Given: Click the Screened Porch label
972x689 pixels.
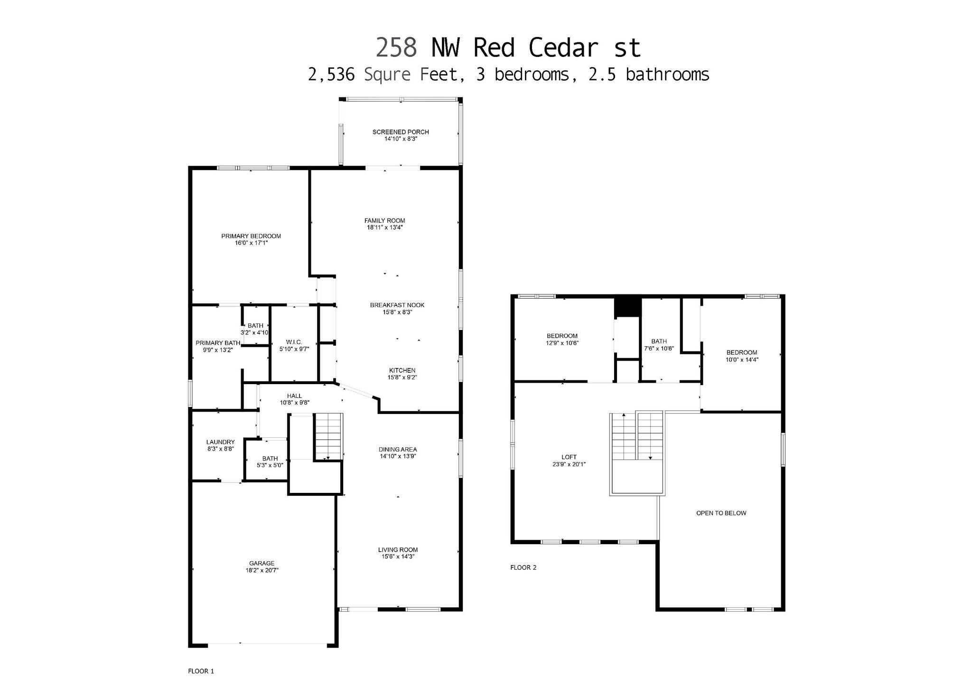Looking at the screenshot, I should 401,132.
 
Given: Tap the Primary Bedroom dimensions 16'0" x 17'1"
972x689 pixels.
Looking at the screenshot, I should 251,243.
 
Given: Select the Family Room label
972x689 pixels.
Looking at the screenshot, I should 384,220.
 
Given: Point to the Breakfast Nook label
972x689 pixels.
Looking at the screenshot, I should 397,305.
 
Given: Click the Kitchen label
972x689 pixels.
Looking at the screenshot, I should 402,370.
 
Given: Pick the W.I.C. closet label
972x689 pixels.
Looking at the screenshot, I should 294,342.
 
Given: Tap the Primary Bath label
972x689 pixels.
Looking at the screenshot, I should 218,343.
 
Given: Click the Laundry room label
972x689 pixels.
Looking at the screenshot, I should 220,442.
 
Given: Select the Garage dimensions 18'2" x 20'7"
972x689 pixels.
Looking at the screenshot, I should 262,571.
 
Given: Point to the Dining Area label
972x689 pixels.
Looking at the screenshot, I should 398,449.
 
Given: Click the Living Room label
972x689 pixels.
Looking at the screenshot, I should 398,550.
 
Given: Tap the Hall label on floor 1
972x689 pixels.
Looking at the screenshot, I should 294,396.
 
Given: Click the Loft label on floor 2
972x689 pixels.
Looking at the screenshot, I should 569,457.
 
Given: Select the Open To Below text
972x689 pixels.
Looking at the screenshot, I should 721,513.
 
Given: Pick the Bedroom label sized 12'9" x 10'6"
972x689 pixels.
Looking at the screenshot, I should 562,336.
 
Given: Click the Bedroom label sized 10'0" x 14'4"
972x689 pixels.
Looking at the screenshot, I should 741,352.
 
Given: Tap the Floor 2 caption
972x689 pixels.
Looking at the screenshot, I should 523,567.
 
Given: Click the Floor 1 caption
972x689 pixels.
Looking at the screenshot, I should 201,671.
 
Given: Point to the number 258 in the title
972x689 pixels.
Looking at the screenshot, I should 396,48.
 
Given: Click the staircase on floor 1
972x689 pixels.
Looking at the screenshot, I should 328,436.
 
